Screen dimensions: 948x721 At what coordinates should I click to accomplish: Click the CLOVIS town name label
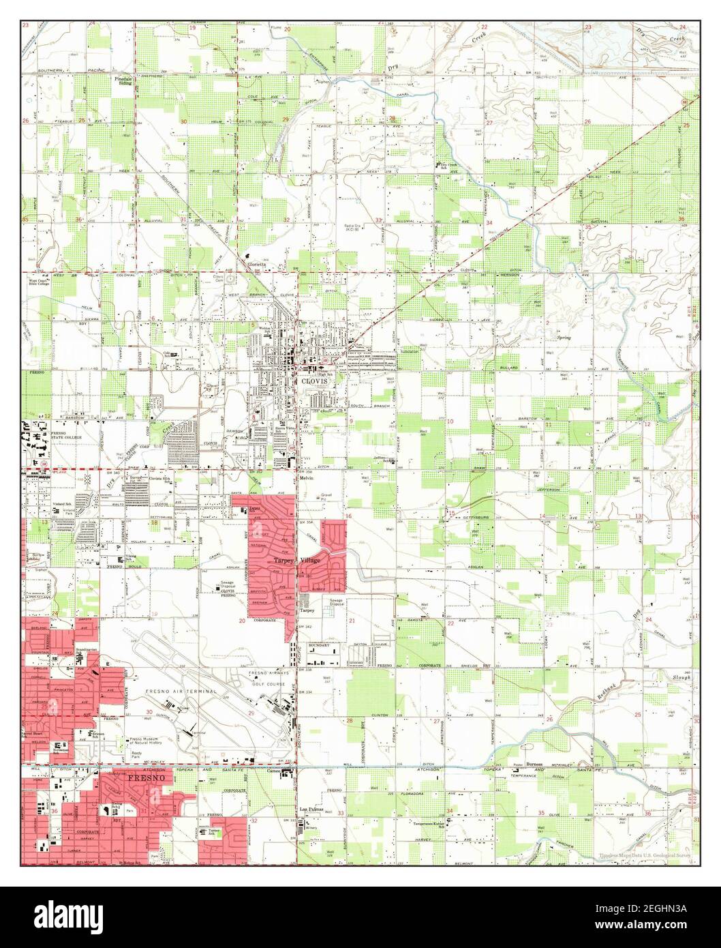click(x=315, y=381)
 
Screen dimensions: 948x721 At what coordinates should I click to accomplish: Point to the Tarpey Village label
click(x=296, y=560)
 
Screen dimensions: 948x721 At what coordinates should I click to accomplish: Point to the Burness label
click(x=544, y=765)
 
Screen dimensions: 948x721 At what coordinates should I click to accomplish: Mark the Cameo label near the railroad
click(x=275, y=771)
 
